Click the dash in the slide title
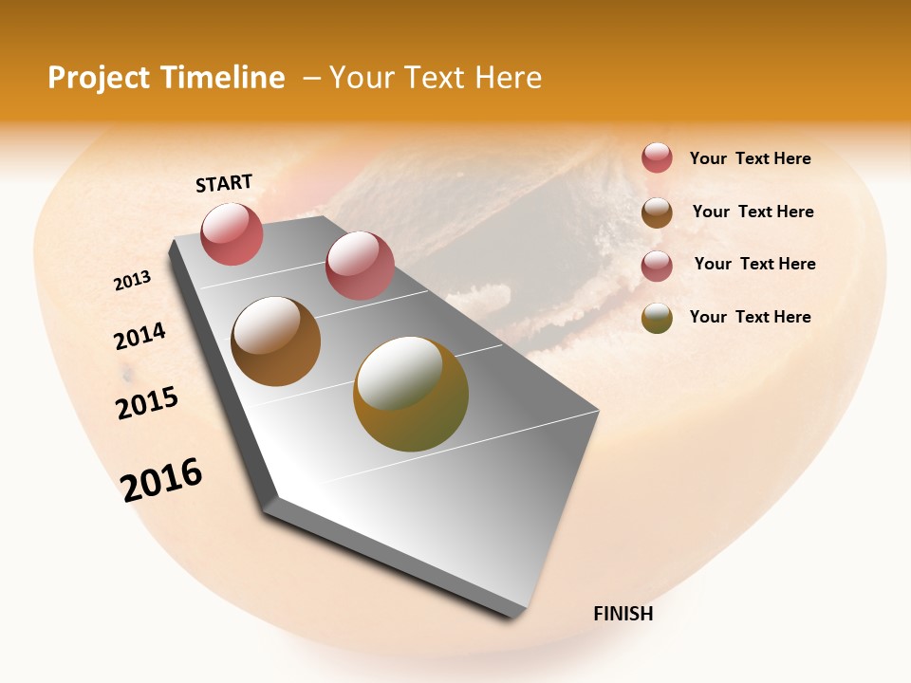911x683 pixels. click(311, 78)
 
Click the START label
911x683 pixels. click(224, 183)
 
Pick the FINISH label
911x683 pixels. click(623, 614)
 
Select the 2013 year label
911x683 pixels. click(132, 281)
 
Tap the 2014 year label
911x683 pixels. click(139, 336)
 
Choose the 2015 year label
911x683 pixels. click(147, 403)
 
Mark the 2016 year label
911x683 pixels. click(161, 479)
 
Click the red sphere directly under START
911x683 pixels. click(232, 233)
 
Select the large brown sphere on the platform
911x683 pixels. click(276, 341)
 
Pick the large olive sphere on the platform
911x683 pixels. click(411, 394)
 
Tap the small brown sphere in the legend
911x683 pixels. click(657, 212)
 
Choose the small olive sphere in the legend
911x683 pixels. click(657, 318)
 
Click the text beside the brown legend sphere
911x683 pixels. click(753, 212)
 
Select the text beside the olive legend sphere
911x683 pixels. click(750, 317)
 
